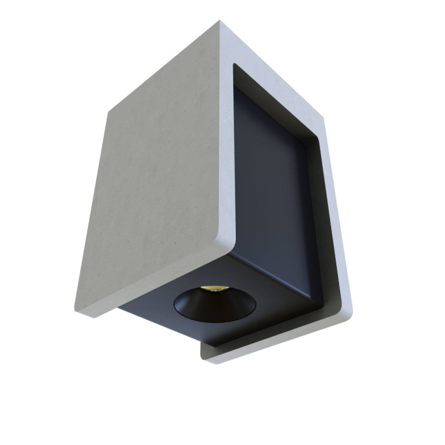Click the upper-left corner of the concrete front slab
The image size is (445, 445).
click(x=109, y=110)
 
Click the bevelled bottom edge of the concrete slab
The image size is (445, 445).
click(x=159, y=280)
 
